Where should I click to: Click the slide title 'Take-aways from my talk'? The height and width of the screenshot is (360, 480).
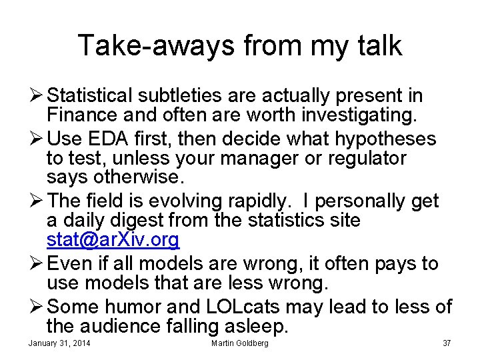pos(240,45)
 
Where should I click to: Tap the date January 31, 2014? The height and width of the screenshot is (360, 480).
pos(60,343)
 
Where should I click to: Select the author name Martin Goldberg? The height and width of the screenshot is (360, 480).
pos(240,343)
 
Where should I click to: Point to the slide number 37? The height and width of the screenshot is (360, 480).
pos(446,343)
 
